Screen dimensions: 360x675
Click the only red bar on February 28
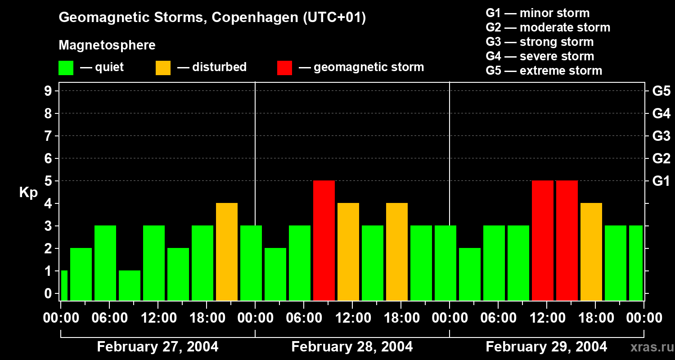click(x=324, y=240)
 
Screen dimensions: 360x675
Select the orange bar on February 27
click(x=227, y=252)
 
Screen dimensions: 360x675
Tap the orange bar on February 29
click(x=591, y=252)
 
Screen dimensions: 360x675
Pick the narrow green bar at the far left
click(x=64, y=285)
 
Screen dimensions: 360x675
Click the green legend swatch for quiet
click(x=66, y=67)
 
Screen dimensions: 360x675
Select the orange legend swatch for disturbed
click(x=163, y=67)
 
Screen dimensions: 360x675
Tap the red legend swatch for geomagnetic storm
click(x=285, y=67)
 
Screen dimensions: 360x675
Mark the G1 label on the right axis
click(x=661, y=181)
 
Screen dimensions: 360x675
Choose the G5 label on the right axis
click(x=661, y=91)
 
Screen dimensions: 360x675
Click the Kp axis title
click(x=28, y=193)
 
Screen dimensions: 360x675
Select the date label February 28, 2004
click(x=352, y=347)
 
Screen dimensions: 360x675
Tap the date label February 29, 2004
click(x=546, y=347)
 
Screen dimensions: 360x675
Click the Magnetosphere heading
click(x=107, y=45)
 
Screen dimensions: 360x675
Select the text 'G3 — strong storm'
click(x=540, y=42)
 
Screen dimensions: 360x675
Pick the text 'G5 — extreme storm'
click(x=544, y=71)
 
